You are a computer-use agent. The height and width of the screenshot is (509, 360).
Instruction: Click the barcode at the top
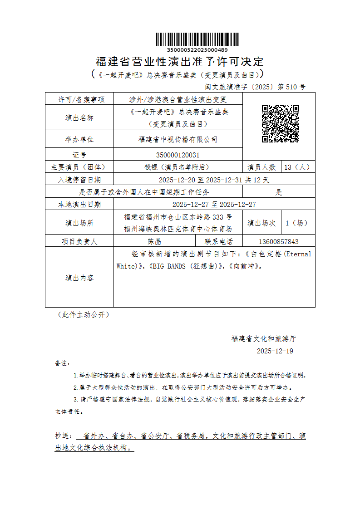click(x=197, y=39)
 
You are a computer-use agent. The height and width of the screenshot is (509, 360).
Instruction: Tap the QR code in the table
click(x=280, y=124)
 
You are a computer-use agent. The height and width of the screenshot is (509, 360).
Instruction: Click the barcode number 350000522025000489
click(x=197, y=50)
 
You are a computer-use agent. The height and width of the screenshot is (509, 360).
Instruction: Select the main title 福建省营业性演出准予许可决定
click(x=180, y=61)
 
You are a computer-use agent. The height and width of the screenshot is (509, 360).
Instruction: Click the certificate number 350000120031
click(x=178, y=155)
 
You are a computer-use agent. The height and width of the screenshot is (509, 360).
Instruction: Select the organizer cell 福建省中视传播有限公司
click(x=178, y=139)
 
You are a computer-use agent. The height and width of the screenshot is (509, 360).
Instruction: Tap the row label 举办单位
click(x=79, y=139)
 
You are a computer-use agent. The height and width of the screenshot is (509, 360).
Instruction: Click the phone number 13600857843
click(x=279, y=241)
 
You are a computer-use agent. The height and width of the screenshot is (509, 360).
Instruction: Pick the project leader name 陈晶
click(x=154, y=241)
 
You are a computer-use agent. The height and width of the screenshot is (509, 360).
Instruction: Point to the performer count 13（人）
click(x=297, y=167)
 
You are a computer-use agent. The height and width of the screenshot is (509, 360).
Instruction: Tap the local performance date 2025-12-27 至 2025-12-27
click(x=214, y=205)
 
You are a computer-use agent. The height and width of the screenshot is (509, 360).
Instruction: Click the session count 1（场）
click(x=297, y=223)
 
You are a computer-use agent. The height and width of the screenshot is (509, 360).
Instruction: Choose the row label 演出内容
click(x=79, y=278)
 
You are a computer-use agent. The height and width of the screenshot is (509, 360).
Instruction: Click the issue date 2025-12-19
click(x=275, y=351)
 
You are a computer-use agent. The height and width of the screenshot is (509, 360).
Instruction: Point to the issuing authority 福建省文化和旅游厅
click(x=263, y=338)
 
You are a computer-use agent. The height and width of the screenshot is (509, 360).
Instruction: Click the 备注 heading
click(x=62, y=363)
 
